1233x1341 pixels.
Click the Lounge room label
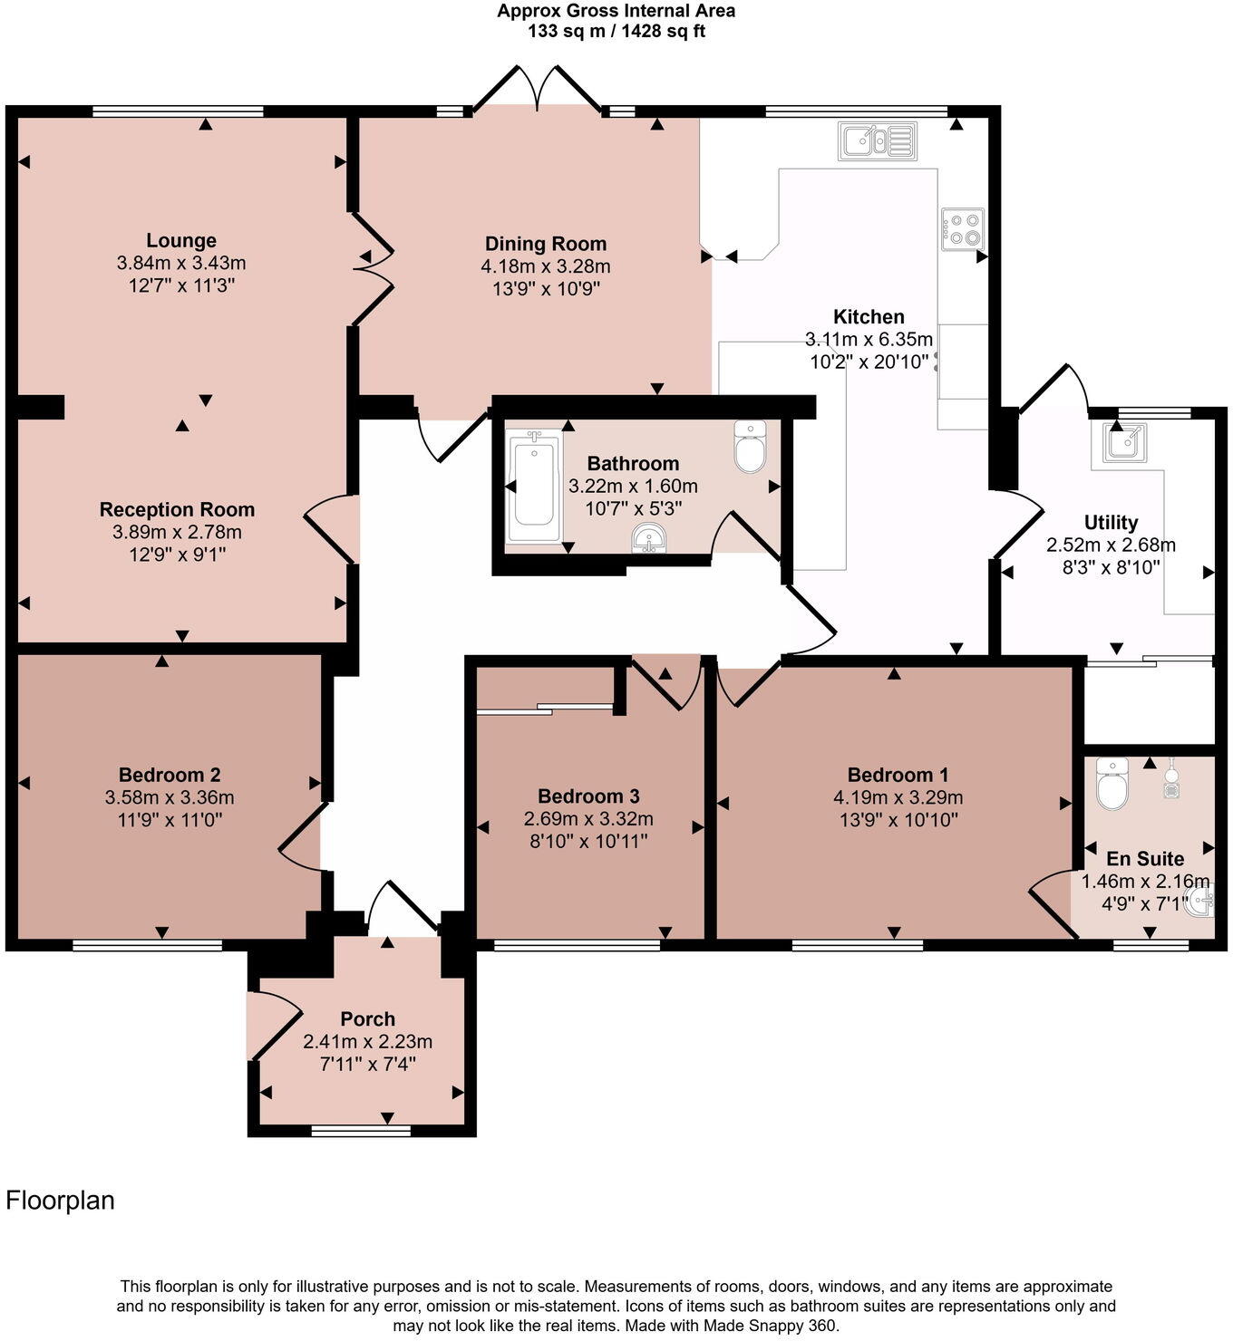pos(181,241)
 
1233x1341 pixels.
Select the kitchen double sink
pos(877,141)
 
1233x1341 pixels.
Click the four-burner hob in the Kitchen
pos(962,229)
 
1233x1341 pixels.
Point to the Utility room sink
pos(1124,442)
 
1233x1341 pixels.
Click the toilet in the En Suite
pos(1112,784)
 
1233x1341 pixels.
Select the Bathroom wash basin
pos(649,539)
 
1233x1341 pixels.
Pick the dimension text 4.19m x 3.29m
pos(898,798)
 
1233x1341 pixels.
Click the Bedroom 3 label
pos(588,796)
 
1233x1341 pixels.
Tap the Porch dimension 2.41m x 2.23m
pos(367,1042)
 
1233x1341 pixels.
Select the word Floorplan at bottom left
pos(61,1201)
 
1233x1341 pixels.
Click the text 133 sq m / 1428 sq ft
pos(616,32)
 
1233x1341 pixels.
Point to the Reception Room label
pos(177,509)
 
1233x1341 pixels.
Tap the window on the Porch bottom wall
pos(361,1130)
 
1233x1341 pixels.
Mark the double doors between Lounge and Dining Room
pos(372,268)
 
